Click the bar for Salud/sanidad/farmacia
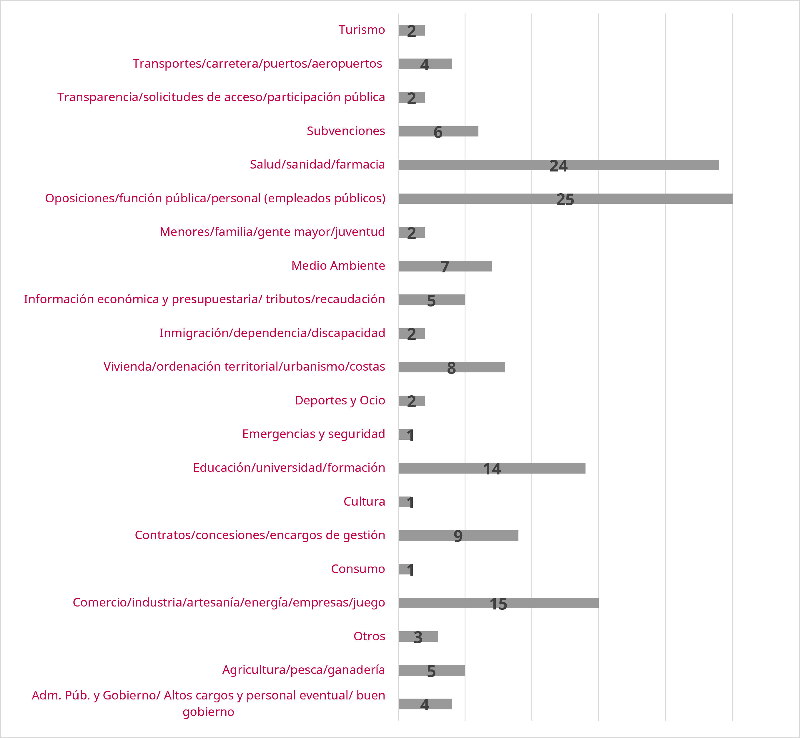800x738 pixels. [558, 165]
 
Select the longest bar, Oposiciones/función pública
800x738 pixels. [565, 199]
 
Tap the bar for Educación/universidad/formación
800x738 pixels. [492, 468]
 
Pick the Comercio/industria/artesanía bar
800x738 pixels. [498, 603]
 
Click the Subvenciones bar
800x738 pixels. [438, 131]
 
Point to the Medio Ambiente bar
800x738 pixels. [445, 266]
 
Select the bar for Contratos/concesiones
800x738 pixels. [458, 536]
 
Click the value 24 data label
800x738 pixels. [558, 166]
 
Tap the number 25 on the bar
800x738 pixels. [565, 199]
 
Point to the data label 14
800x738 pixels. [492, 469]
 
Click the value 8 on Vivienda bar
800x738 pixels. [451, 368]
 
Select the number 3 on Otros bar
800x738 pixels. [418, 637]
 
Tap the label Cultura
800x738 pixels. [364, 501]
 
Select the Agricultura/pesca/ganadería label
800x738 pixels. [304, 670]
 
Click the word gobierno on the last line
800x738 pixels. [209, 712]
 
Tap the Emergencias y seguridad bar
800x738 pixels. [405, 434]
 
